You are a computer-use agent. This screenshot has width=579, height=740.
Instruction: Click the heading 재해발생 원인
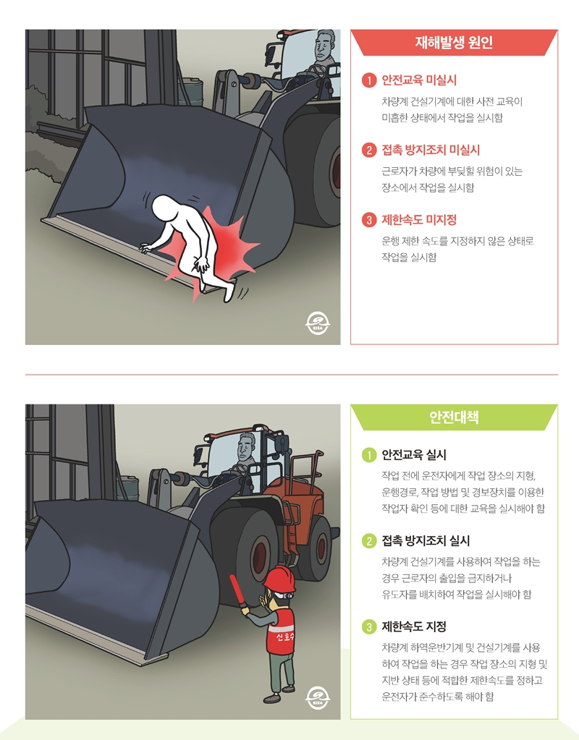(454, 42)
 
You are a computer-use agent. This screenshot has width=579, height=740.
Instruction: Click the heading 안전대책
(454, 417)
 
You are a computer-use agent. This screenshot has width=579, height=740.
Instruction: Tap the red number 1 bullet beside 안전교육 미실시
(369, 80)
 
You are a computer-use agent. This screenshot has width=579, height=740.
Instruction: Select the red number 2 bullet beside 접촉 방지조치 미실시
(369, 150)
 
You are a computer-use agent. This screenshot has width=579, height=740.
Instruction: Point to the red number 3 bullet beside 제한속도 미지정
(369, 220)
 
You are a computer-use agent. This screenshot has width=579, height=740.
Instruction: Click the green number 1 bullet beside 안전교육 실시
(369, 455)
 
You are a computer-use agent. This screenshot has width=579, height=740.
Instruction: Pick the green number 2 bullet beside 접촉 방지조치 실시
(369, 540)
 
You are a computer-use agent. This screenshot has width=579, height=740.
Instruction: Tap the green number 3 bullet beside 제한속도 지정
(369, 626)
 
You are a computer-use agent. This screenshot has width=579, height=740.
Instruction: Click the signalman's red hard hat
(279, 579)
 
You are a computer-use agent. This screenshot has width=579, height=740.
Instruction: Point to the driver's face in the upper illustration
(324, 50)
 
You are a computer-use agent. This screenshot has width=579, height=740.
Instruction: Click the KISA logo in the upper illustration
(317, 323)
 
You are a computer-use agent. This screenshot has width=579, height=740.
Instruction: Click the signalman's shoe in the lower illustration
(271, 697)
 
